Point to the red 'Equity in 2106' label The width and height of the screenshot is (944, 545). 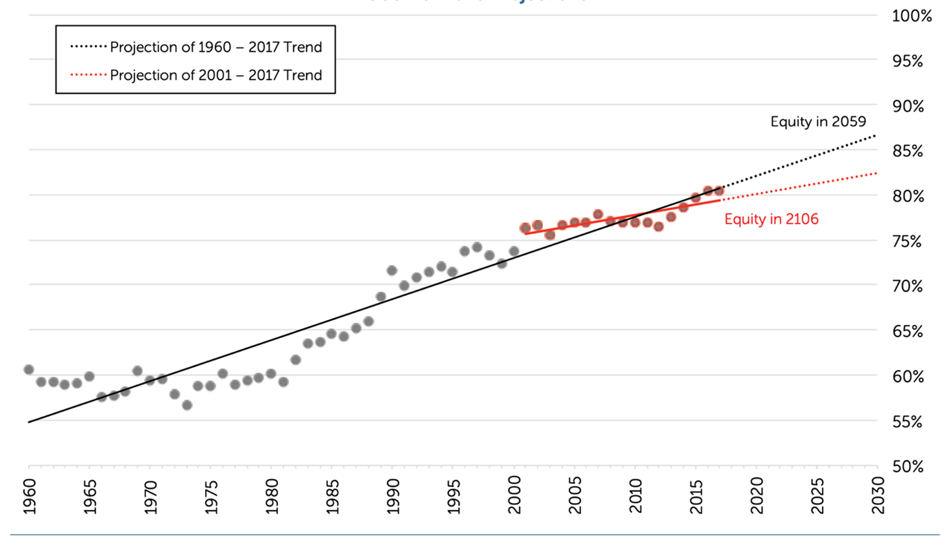coord(771,220)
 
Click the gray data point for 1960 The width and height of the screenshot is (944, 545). coord(28,370)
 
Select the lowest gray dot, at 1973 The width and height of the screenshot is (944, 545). coord(186,405)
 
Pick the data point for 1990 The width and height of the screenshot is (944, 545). coord(392,270)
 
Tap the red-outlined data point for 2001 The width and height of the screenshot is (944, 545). coord(525,228)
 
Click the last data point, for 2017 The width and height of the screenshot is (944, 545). coord(719,190)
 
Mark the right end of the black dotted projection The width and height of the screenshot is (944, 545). coord(876,135)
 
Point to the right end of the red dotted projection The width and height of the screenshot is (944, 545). coord(876,173)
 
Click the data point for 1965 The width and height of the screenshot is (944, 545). coord(89,376)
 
